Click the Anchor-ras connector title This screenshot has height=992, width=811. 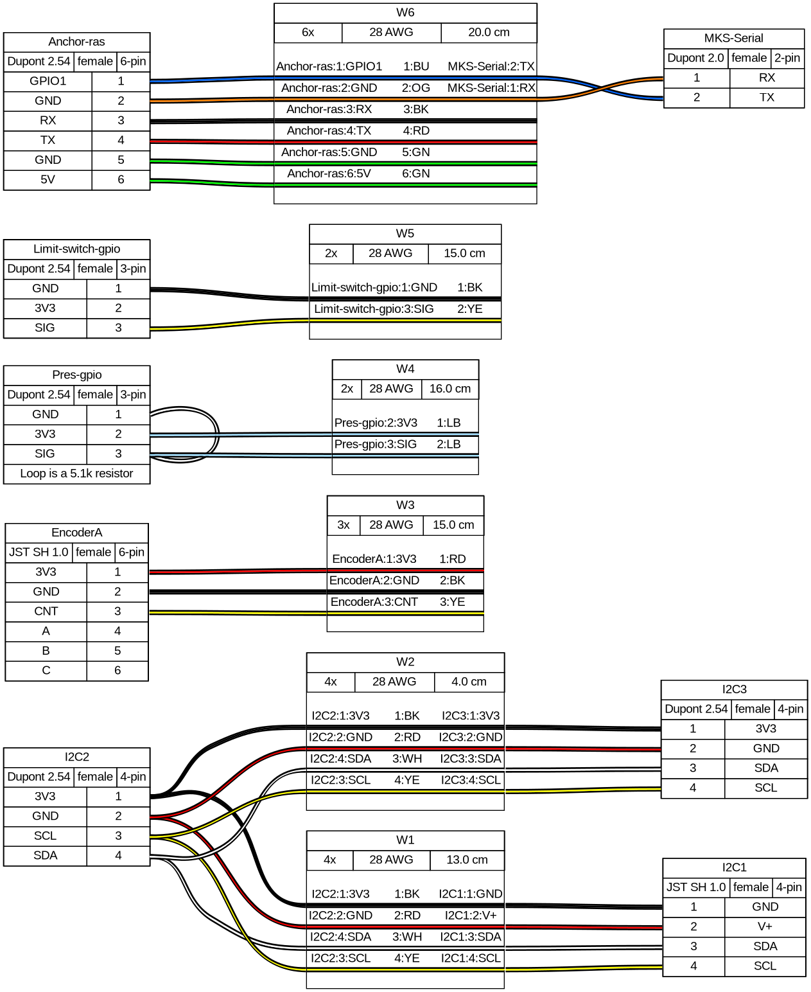point(76,42)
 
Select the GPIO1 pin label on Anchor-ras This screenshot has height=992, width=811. point(48,81)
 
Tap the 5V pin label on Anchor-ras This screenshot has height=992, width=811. point(48,179)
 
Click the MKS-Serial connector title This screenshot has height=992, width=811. point(733,38)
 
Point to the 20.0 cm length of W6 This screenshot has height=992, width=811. point(489,32)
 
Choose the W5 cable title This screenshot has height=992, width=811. point(405,233)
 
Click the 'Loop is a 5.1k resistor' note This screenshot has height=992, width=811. point(76,474)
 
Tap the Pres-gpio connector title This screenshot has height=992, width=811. point(76,375)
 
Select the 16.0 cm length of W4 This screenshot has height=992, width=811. point(449,389)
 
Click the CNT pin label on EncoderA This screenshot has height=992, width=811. point(46,611)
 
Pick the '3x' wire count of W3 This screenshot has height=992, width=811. point(344,525)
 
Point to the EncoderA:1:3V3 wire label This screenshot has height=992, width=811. point(374,559)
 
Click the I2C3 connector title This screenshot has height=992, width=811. point(734,689)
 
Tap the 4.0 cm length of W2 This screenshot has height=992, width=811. point(469,682)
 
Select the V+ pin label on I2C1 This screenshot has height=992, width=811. point(765,926)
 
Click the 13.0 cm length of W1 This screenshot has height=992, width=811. point(467,860)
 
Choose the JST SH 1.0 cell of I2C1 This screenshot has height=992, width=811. point(696,887)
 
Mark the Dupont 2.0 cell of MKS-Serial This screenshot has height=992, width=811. point(695,58)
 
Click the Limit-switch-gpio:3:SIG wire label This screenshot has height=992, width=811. point(374,309)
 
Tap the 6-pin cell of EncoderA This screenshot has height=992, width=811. point(131,552)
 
